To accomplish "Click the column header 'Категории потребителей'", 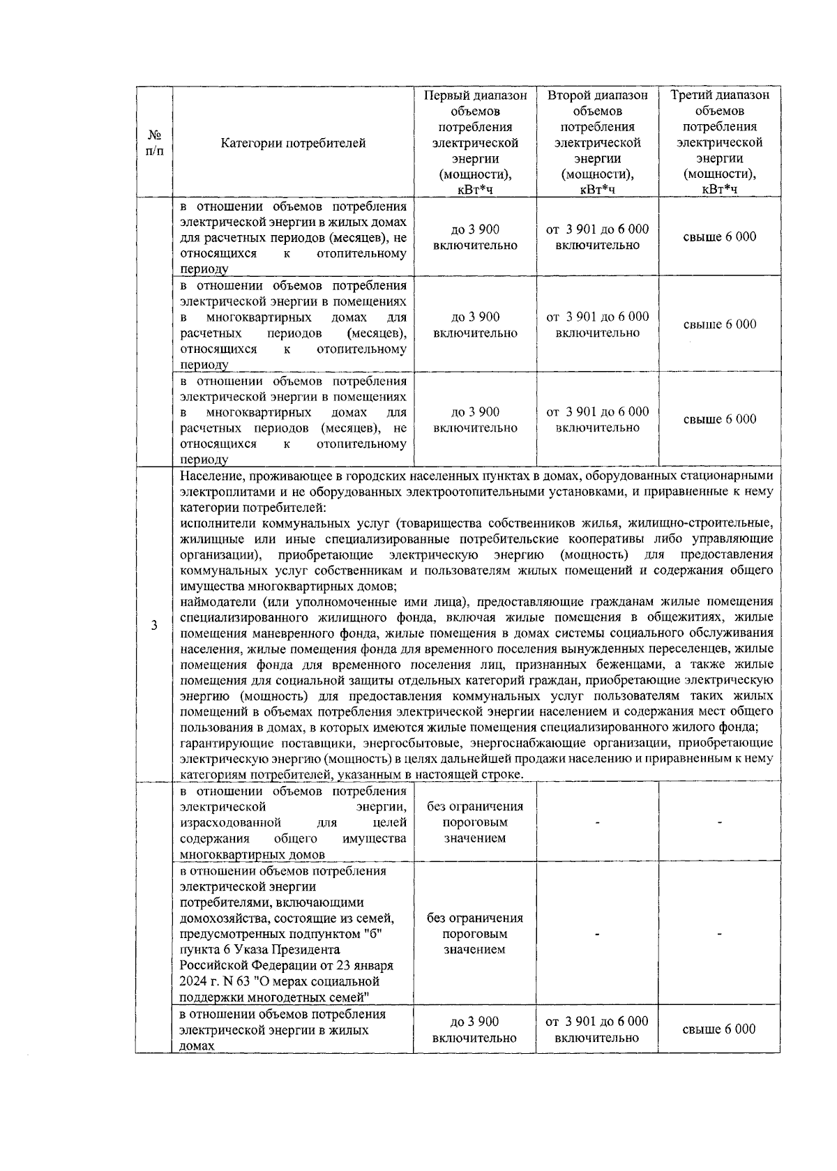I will tap(293, 144).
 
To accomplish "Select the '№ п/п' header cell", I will tap(155, 144).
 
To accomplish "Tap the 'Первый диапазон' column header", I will tap(475, 96).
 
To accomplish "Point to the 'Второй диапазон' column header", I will tap(597, 96).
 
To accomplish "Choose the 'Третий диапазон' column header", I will tap(720, 96).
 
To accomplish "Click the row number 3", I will tap(154, 625).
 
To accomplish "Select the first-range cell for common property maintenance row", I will tap(475, 822).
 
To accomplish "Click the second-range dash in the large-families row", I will tap(597, 934).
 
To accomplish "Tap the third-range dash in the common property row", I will tap(719, 823).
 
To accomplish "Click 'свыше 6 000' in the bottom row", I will tap(719, 1029).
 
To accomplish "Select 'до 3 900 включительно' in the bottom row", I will tap(475, 1029).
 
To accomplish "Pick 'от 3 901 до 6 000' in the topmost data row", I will tap(597, 229).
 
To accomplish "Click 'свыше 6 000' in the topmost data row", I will tap(719, 237).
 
